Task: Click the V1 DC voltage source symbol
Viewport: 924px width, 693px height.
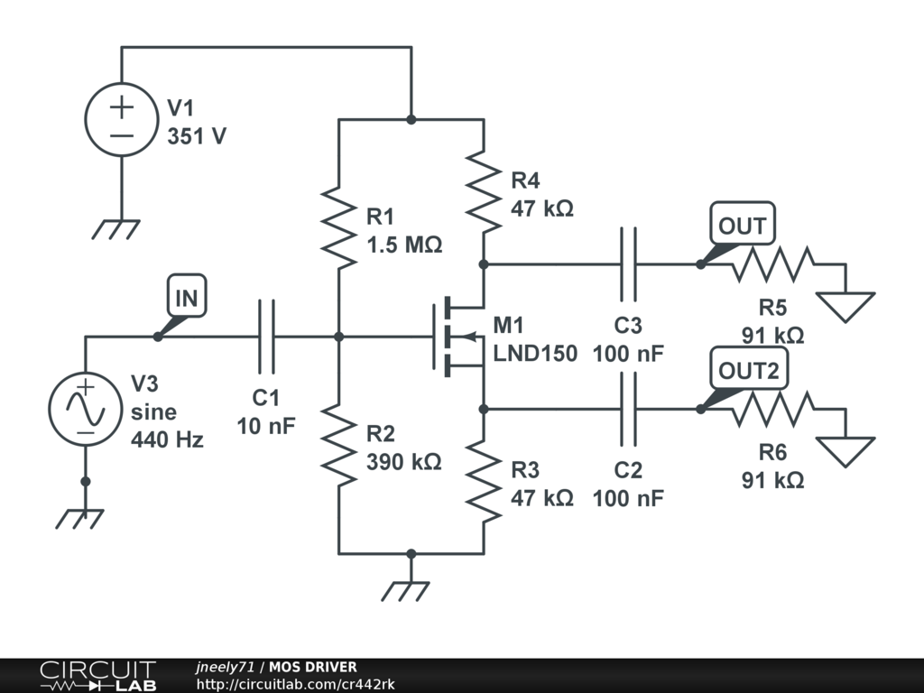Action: point(122,120)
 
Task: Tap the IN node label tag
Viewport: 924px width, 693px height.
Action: point(186,299)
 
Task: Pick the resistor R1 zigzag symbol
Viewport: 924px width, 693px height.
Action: point(339,228)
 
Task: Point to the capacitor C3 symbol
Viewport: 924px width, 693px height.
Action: point(628,264)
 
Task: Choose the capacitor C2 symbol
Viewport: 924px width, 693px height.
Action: point(628,409)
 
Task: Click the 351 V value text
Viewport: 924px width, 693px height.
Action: point(197,137)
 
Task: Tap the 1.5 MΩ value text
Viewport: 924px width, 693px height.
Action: point(404,245)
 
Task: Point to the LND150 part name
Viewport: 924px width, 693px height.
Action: point(535,353)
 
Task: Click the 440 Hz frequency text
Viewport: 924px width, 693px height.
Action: point(167,440)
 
